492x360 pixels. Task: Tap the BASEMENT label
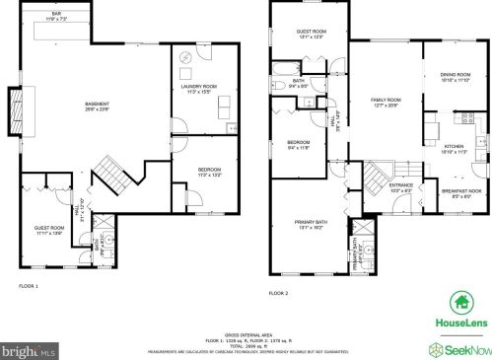[96, 106]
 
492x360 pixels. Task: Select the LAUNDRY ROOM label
[203, 88]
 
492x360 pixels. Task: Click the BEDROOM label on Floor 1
[209, 171]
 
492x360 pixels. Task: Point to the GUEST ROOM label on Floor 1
[49, 229]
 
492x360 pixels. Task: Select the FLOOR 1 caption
[29, 287]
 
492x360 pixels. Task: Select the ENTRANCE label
[401, 187]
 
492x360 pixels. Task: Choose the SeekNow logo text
[464, 347]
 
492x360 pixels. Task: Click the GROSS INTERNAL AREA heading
[246, 334]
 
